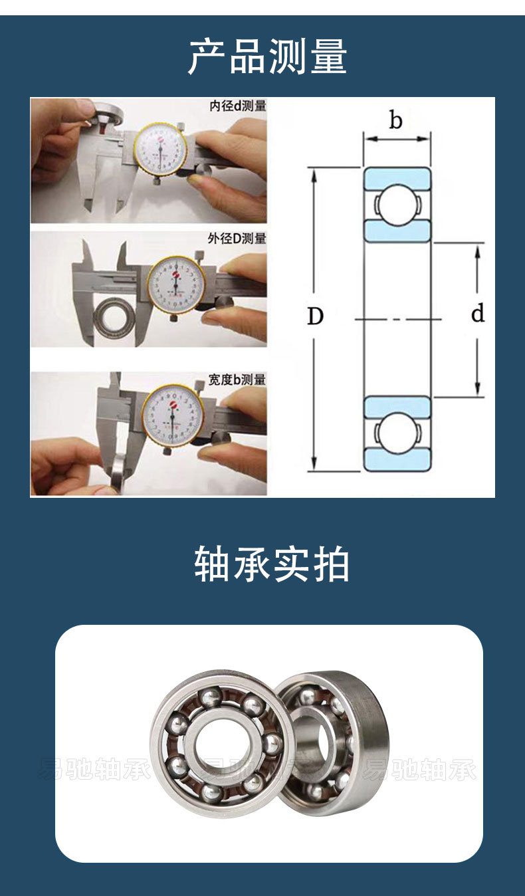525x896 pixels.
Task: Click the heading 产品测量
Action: click(x=267, y=57)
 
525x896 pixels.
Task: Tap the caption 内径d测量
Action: click(x=237, y=106)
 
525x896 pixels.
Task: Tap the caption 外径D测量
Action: click(x=237, y=238)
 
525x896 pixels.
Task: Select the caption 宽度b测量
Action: click(x=237, y=380)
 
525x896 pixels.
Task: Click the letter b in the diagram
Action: click(x=396, y=121)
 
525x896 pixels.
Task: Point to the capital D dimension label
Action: click(x=315, y=317)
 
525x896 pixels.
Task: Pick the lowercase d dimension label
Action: click(x=477, y=314)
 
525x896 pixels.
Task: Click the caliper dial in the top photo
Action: click(x=161, y=150)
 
